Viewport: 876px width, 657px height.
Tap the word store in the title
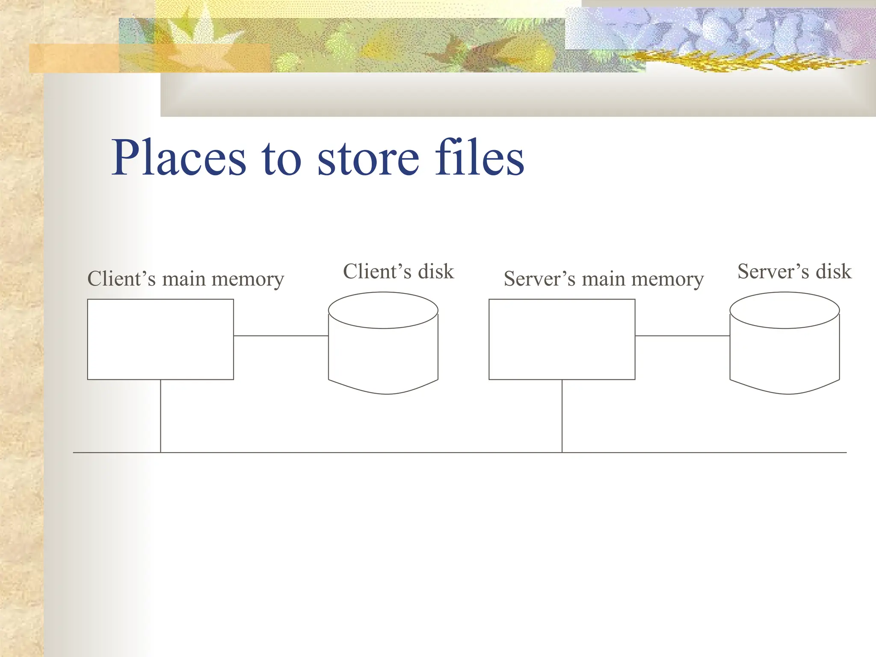pyautogui.click(x=368, y=158)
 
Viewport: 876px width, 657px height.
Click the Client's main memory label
pyautogui.click(x=186, y=279)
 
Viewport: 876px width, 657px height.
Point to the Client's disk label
pyautogui.click(x=398, y=272)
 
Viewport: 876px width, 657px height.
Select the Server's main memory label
pyautogui.click(x=604, y=279)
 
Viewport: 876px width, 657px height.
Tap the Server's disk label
pyautogui.click(x=794, y=272)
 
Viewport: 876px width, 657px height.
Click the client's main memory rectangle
pyautogui.click(x=160, y=339)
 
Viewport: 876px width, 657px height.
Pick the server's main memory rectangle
pyautogui.click(x=562, y=339)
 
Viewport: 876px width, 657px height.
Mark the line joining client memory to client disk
pyautogui.click(x=281, y=336)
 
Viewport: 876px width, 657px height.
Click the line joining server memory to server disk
pyautogui.click(x=682, y=336)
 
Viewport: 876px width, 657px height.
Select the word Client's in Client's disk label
pyautogui.click(x=377, y=272)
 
